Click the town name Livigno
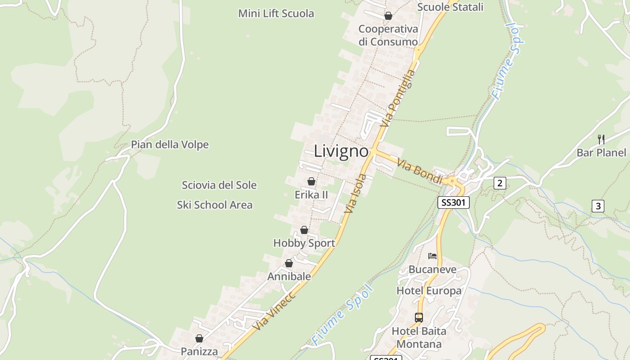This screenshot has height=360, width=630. pos(341,151)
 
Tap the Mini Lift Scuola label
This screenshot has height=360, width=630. pos(276,13)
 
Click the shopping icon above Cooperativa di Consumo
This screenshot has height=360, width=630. pos(388,16)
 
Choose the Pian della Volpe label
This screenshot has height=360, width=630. pos(170,144)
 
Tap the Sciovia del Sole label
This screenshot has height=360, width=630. pos(219,185)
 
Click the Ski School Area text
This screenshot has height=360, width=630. pos(215,205)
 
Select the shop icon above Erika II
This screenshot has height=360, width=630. pos(311,181)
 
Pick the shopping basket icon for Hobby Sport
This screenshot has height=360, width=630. pos(304,230)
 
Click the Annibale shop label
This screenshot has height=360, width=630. pos(289,276)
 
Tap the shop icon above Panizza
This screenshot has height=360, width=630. pos(199,338)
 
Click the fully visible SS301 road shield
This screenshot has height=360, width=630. pos(454,202)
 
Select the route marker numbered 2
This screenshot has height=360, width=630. pos(499,183)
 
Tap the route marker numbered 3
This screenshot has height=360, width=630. pos(598,206)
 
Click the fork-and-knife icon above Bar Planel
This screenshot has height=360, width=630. pos(601,139)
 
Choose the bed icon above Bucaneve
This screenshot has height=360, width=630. pos(432,256)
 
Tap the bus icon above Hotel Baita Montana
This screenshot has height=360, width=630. pos(419,317)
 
